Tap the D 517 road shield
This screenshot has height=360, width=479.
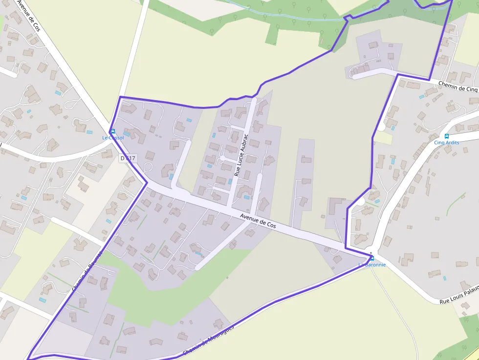(128, 158)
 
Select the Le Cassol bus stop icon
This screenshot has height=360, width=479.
(113, 131)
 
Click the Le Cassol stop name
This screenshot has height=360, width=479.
(113, 138)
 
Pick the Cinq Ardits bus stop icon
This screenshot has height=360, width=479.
(446, 136)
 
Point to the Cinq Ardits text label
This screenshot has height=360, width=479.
(446, 143)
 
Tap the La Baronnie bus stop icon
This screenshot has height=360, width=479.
(372, 258)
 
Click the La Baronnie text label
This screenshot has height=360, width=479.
(372, 265)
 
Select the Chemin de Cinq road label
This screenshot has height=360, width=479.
(457, 86)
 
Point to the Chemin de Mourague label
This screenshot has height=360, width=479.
(208, 340)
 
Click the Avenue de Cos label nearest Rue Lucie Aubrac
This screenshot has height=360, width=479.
(258, 221)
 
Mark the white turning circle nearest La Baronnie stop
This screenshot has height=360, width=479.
(360, 201)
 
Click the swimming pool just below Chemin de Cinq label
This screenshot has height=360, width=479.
(421, 97)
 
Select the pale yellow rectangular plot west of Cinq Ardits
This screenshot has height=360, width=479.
(384, 138)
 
